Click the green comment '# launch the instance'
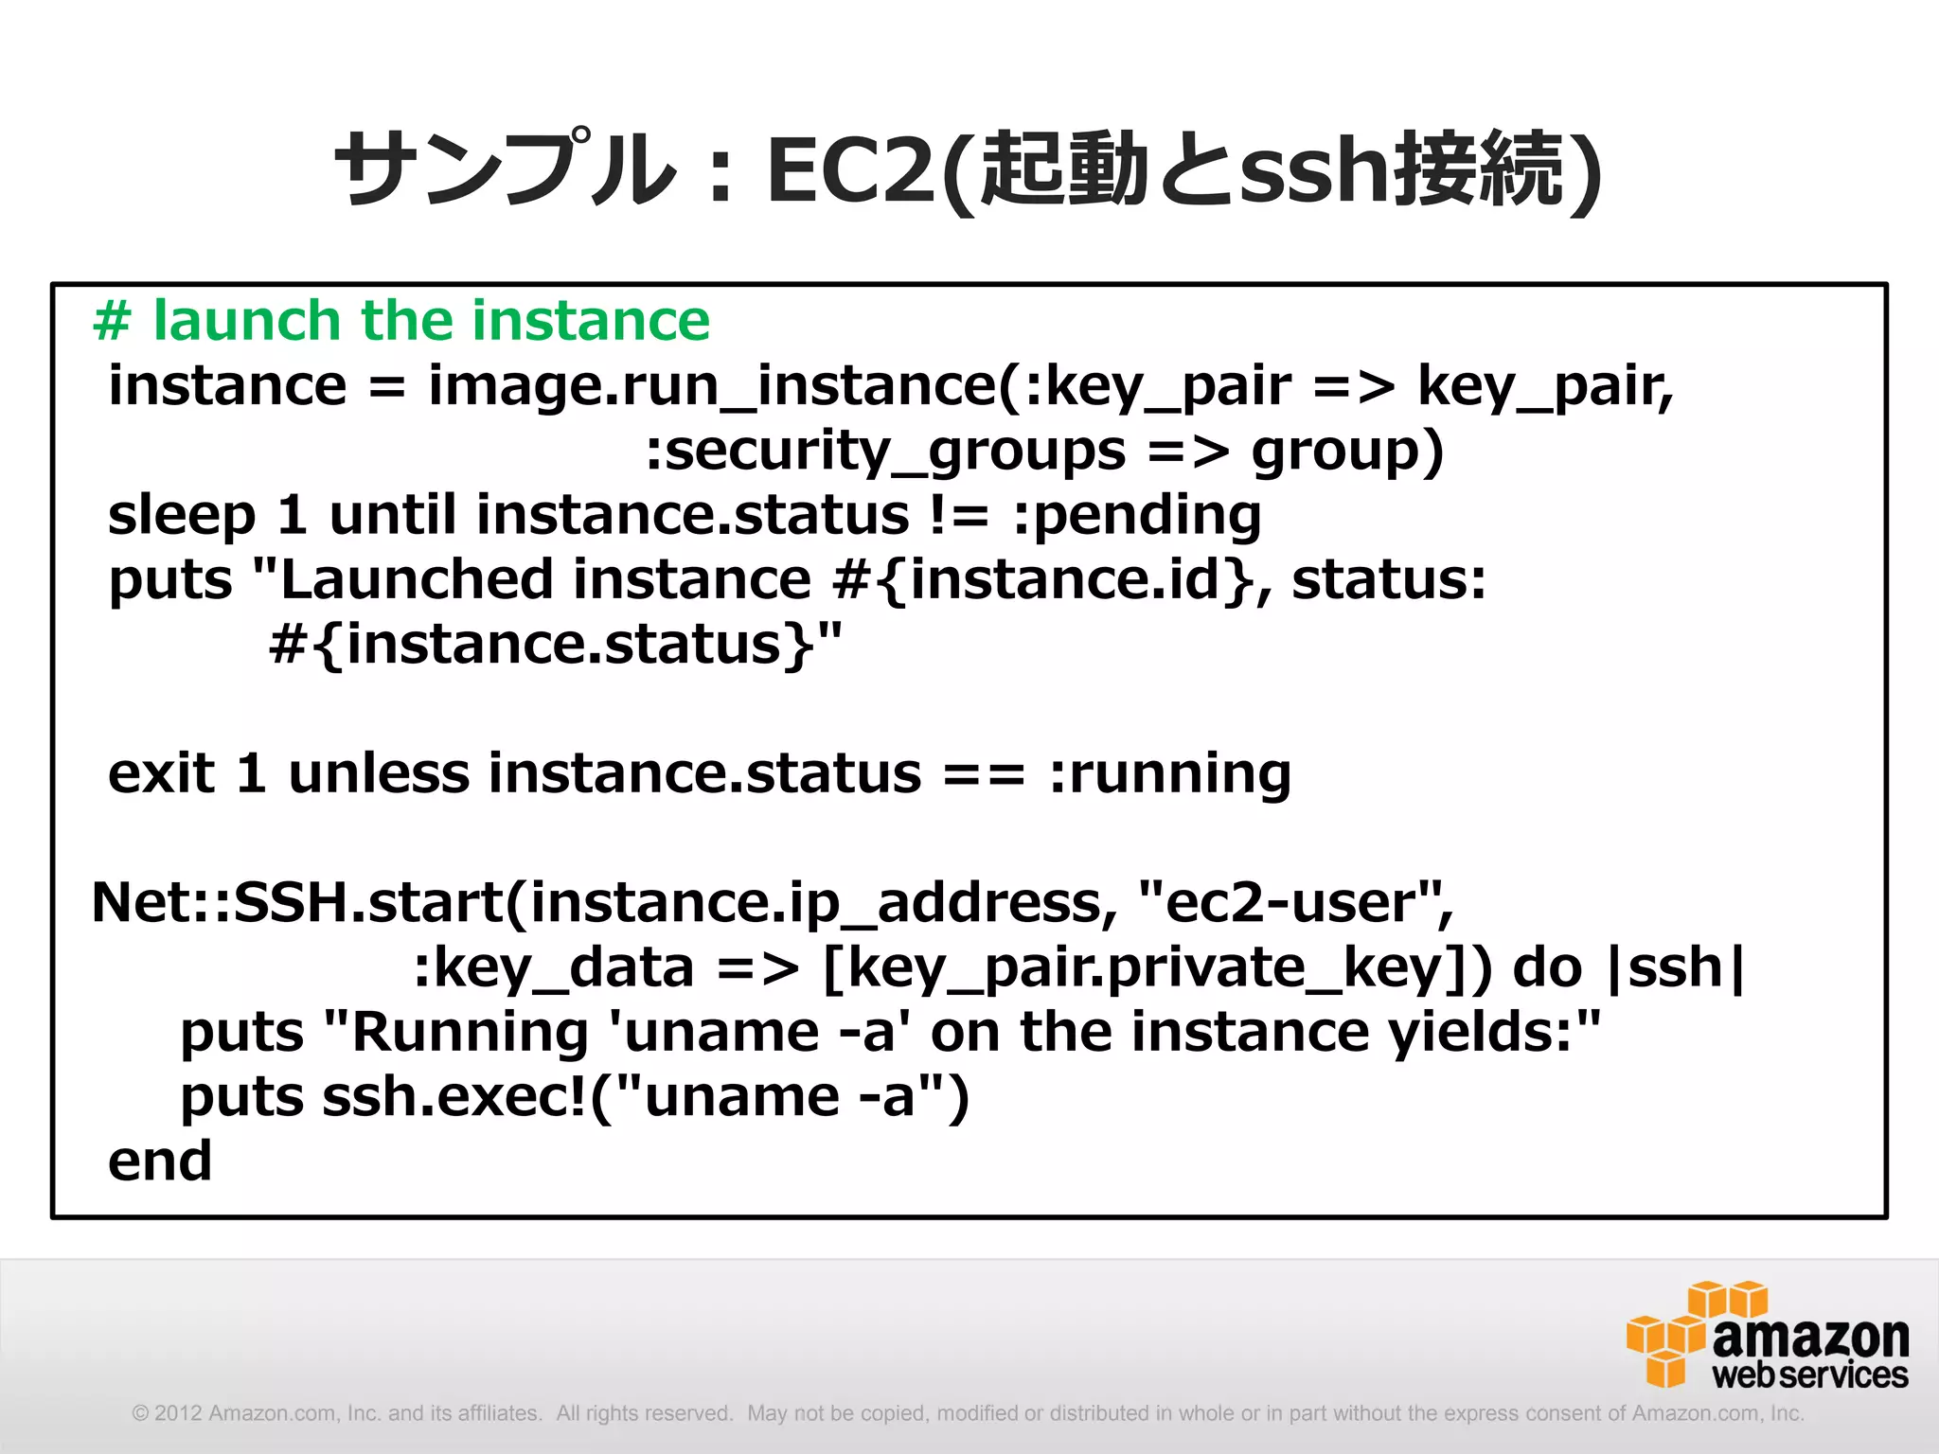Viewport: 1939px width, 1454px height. (x=401, y=320)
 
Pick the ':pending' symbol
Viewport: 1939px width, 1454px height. (x=1136, y=516)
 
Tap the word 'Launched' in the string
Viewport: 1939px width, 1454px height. (x=417, y=579)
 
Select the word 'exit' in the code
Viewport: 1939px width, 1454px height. (x=161, y=773)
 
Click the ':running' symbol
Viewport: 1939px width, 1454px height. (x=1170, y=773)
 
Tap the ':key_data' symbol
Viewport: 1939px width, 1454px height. (x=554, y=967)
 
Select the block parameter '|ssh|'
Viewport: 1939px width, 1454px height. (x=1676, y=967)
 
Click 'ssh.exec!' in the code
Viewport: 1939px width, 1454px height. (x=454, y=1097)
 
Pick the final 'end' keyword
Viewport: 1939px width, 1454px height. (x=159, y=1161)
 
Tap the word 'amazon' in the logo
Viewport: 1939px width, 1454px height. (x=1810, y=1337)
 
